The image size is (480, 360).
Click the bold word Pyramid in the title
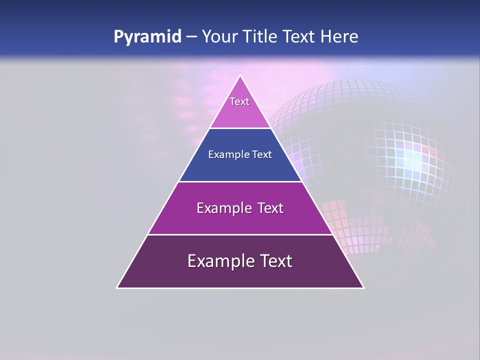(147, 37)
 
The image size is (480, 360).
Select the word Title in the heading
(260, 36)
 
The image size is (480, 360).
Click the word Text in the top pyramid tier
(239, 101)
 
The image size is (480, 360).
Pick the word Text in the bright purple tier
(270, 208)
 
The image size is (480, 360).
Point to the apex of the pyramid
(240, 76)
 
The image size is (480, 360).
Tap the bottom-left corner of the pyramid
(117, 287)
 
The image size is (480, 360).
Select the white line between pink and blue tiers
(240, 128)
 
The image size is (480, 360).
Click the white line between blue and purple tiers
(240, 181)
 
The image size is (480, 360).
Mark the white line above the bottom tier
(240, 234)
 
